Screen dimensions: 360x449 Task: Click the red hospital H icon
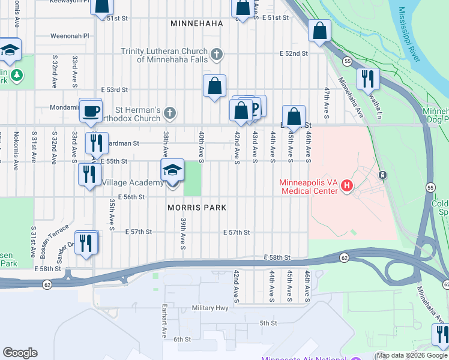pos(346,187)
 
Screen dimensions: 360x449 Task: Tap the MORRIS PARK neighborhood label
pos(197,208)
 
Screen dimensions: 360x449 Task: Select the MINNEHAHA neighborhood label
pos(196,23)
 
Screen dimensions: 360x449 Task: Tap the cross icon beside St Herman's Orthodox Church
pos(170,113)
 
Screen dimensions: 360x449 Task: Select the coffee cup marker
pos(91,111)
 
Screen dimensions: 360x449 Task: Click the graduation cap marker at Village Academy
pos(172,172)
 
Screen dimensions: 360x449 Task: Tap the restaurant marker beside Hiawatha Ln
pos(368,79)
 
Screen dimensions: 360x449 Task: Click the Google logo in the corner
pos(20,352)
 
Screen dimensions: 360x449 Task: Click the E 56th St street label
pos(131,197)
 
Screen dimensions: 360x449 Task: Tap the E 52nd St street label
pos(294,53)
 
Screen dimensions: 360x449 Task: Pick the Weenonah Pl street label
pos(70,35)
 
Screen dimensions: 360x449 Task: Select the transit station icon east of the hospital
pos(382,175)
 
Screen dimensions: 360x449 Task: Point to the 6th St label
pos(182,339)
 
